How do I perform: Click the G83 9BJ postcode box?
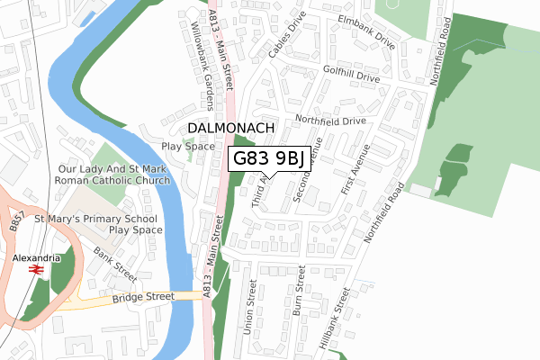(x=269, y=158)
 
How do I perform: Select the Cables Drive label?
(x=293, y=37)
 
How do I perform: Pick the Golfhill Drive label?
(x=358, y=74)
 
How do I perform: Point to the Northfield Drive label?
(x=331, y=120)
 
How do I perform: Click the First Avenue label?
(x=356, y=170)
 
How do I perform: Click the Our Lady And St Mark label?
(x=114, y=168)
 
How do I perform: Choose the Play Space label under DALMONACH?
(x=187, y=146)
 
